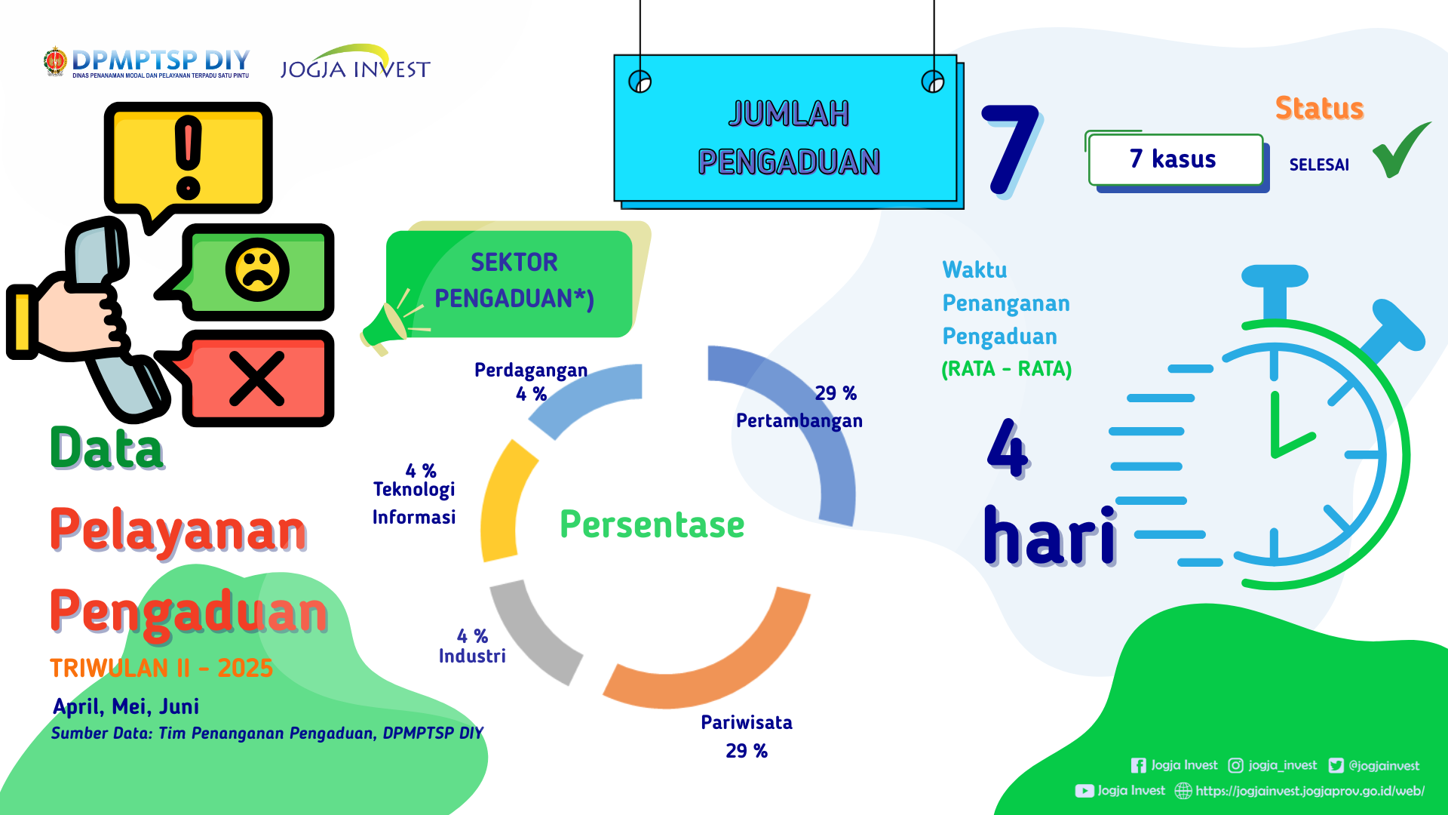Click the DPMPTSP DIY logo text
(160, 60)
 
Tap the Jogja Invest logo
(354, 62)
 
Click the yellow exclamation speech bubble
(188, 162)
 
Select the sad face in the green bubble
(257, 270)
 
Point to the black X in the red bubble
(256, 378)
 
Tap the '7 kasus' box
(1176, 160)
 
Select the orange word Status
(1319, 108)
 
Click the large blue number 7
(1011, 149)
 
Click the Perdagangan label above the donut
(531, 370)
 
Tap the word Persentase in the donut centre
(652, 524)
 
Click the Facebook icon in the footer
(1138, 765)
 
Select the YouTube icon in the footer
(1084, 791)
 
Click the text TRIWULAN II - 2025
(161, 668)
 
